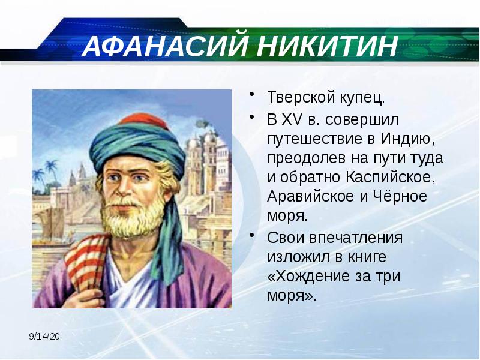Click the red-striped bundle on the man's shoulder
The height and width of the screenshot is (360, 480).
(x=84, y=264)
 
